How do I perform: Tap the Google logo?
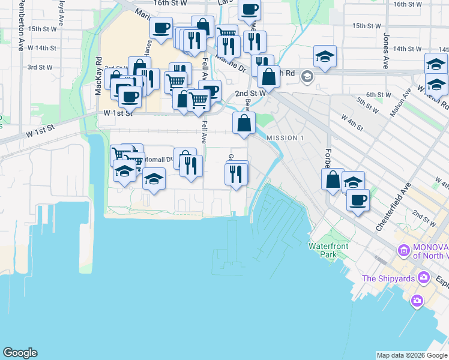click(20, 353)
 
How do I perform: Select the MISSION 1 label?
click(282, 138)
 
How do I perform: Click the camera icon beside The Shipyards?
click(424, 277)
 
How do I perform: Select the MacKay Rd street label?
click(98, 74)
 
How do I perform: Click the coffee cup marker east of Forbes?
click(358, 199)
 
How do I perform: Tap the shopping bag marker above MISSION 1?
click(244, 124)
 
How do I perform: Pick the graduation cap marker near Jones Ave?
click(325, 57)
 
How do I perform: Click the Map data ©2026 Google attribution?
click(411, 355)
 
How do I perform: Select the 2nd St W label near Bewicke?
click(250, 94)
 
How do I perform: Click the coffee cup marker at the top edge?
click(250, 9)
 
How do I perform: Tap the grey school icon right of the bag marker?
click(307, 76)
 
